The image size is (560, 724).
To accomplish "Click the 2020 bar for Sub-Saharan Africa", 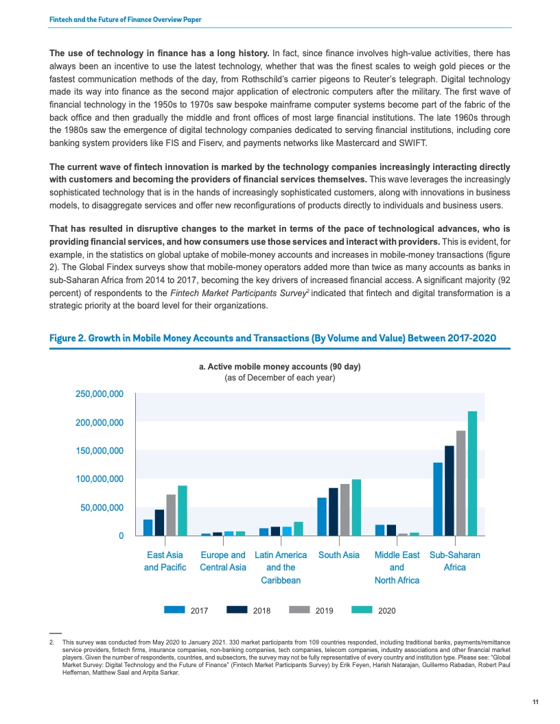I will coord(472,473).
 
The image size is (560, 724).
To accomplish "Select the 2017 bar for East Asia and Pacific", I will coord(148,527).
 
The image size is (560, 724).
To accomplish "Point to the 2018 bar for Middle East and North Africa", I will coord(391,530).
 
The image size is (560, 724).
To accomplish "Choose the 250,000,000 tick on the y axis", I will coord(100,394).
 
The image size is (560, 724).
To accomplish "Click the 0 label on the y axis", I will coord(121,535).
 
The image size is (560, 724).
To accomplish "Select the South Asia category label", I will coord(339,555).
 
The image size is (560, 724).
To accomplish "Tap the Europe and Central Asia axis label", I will coord(222,561).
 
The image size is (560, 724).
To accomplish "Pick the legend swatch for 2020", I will coord(362,609).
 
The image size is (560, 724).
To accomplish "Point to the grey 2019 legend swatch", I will coord(300,609).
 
